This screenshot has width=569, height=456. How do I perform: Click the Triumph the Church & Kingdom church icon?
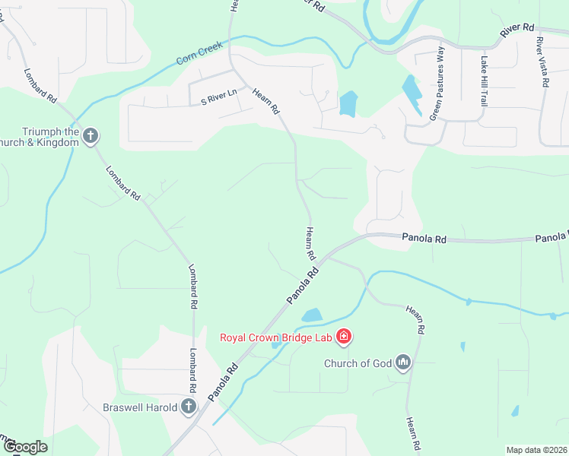(91, 136)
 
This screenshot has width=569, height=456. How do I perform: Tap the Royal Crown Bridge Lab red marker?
(344, 336)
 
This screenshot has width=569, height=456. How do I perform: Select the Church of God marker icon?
(402, 363)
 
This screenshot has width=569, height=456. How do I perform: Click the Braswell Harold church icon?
(189, 407)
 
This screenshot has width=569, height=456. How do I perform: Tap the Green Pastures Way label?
(437, 84)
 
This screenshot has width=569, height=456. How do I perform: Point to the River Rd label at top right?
(518, 30)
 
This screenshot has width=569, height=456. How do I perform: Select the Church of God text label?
(358, 363)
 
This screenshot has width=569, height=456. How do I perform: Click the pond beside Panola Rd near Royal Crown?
(312, 315)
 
